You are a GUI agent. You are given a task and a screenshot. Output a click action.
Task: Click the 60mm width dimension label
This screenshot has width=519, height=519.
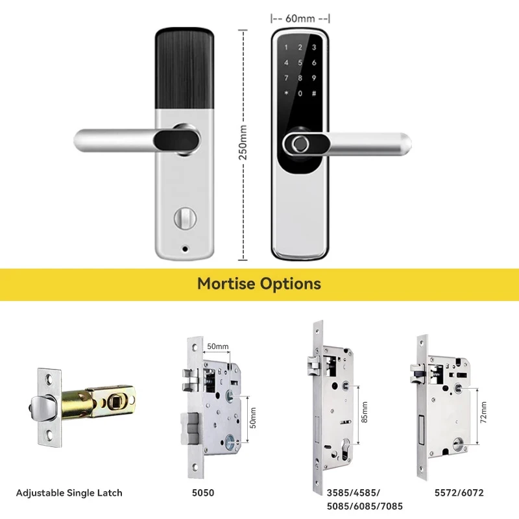pyautogui.click(x=300, y=18)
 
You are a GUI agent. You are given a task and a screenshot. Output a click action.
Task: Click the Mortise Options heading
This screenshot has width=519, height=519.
pyautogui.click(x=259, y=284)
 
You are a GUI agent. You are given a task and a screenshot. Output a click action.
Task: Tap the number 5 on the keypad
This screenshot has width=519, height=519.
pyautogui.click(x=300, y=63)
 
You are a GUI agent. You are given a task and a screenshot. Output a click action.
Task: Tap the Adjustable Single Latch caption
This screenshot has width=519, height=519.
pyautogui.click(x=69, y=493)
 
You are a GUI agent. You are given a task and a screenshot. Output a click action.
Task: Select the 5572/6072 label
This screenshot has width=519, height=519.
pyautogui.click(x=459, y=493)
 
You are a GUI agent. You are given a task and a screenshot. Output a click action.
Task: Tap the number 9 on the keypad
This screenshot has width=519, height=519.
pyautogui.click(x=314, y=78)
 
